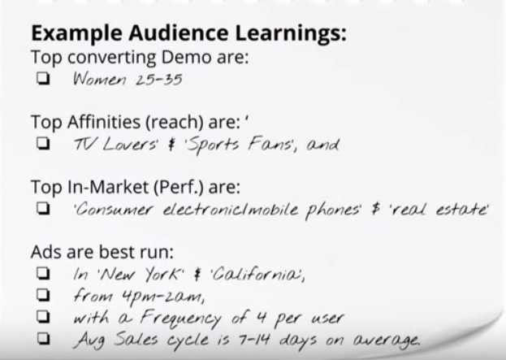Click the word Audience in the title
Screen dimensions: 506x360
(179, 33)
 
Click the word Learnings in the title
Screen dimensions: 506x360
(291, 33)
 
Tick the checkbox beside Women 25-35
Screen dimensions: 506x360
(43, 78)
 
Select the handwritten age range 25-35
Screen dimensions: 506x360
(159, 80)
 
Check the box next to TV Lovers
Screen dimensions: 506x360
(43, 143)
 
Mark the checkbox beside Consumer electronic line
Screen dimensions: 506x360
(43, 208)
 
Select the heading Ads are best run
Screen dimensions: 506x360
(102, 252)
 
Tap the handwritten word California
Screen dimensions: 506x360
(257, 275)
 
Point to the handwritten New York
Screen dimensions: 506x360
(141, 275)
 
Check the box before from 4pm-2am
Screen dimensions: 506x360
(43, 295)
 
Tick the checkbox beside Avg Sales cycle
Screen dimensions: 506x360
(43, 338)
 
